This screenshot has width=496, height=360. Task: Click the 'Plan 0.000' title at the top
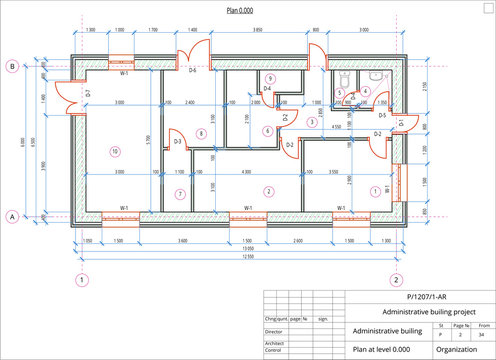coord(238,7)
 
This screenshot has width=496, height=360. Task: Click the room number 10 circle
coord(115,151)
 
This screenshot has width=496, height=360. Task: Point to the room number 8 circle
coord(201,133)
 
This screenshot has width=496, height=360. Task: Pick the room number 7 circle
coord(180,193)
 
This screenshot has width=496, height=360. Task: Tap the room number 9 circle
coord(270,78)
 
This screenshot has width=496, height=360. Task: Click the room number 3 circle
coord(312,121)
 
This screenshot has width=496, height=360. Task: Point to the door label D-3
coord(178,142)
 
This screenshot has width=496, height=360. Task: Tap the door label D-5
coord(382,116)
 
